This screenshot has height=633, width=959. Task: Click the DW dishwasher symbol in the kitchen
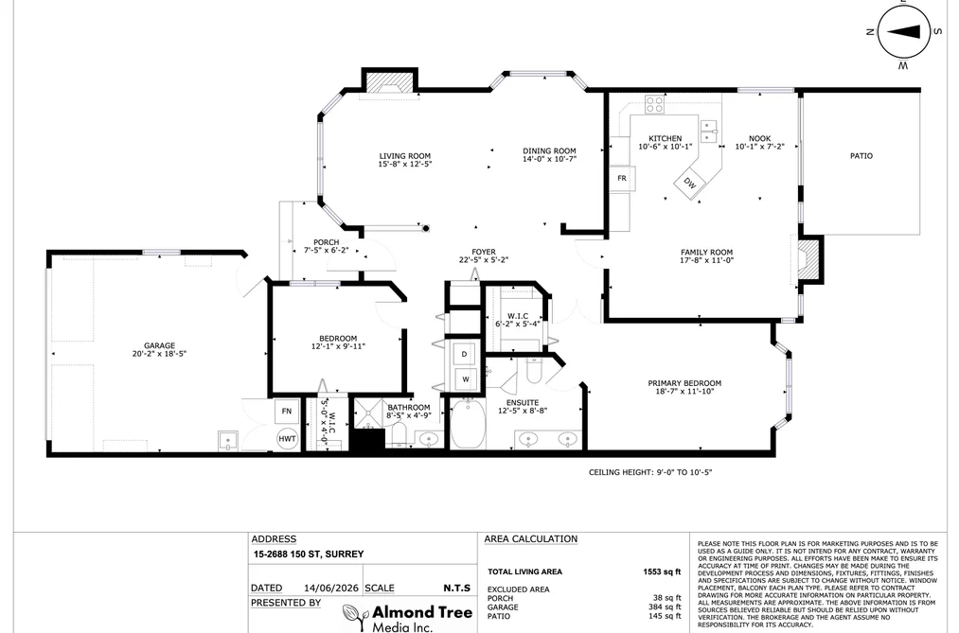(690, 183)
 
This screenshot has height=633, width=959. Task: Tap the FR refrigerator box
(622, 179)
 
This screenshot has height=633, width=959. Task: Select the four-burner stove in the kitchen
(654, 104)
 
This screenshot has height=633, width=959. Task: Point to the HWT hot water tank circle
(288, 439)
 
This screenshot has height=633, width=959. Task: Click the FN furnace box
(286, 412)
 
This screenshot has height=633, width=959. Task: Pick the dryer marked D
(464, 355)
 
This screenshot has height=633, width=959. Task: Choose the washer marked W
(466, 379)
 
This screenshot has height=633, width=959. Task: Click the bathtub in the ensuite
(469, 424)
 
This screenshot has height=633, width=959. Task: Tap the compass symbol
(904, 32)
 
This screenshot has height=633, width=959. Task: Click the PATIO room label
(861, 156)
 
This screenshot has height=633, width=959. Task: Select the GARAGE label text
(160, 345)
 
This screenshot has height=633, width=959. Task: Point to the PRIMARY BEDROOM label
(684, 383)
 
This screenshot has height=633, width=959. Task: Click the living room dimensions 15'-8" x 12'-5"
(405, 164)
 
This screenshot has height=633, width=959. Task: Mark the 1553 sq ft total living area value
(662, 571)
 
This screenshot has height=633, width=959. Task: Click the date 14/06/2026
(331, 588)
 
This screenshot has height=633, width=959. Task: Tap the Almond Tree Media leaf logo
(355, 617)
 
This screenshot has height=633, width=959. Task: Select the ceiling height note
(650, 472)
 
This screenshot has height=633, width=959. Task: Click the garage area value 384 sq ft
(665, 607)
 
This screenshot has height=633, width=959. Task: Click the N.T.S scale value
(457, 588)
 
